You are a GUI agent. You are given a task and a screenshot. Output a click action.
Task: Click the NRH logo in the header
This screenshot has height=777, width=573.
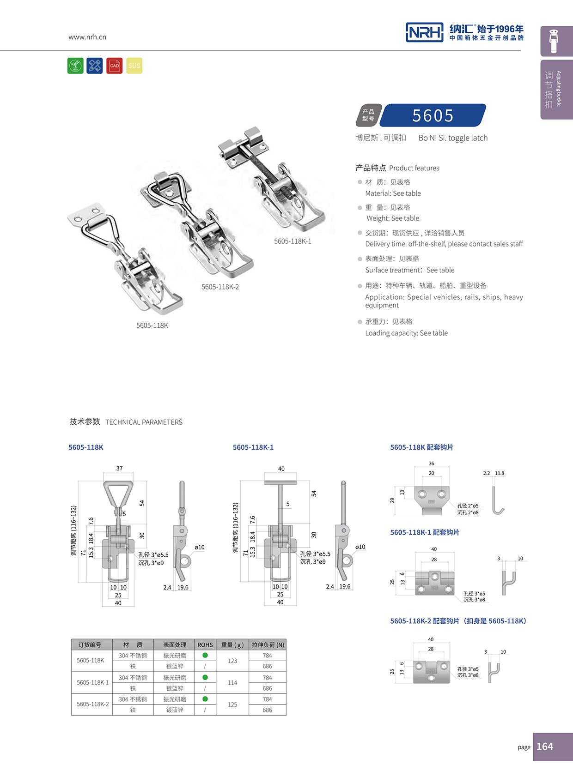[424, 32]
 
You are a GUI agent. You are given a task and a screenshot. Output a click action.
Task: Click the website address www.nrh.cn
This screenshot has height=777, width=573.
[87, 37]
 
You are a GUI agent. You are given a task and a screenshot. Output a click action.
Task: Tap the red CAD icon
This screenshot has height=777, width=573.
[115, 66]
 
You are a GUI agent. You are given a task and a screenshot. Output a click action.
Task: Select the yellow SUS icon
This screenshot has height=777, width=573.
[134, 66]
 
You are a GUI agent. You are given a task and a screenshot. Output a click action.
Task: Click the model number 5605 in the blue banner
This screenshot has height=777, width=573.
[433, 115]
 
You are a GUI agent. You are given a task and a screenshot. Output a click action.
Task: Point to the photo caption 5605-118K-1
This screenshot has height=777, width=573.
[293, 241]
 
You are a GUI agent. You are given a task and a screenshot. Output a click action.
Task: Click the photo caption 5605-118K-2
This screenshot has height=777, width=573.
[220, 287]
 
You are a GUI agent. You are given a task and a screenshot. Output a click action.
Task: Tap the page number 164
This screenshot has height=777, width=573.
[545, 747]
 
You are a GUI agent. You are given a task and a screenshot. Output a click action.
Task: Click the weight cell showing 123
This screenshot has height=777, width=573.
[232, 661]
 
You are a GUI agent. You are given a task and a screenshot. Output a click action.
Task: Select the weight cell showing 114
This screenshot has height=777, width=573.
[232, 682]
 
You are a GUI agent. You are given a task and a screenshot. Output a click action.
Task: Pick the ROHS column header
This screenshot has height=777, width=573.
[205, 645]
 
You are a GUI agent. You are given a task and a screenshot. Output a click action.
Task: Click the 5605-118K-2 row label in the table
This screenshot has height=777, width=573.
[92, 704]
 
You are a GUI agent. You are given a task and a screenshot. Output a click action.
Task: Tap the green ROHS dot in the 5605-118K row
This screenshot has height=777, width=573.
[205, 655]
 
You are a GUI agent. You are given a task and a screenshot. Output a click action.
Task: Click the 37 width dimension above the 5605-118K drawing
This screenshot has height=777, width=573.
[119, 468]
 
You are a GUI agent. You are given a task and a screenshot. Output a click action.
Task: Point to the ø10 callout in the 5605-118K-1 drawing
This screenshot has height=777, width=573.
[360, 547]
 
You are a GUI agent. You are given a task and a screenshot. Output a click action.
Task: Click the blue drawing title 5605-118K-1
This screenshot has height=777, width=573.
[253, 447]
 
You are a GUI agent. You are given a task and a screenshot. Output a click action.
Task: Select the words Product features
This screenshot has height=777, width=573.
[414, 168]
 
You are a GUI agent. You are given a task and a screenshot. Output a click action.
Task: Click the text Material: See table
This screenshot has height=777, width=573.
[393, 193]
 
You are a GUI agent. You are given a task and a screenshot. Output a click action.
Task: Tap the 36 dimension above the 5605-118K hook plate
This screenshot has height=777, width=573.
[431, 464]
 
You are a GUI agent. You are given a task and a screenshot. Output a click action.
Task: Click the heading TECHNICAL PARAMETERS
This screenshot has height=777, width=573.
[144, 422]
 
